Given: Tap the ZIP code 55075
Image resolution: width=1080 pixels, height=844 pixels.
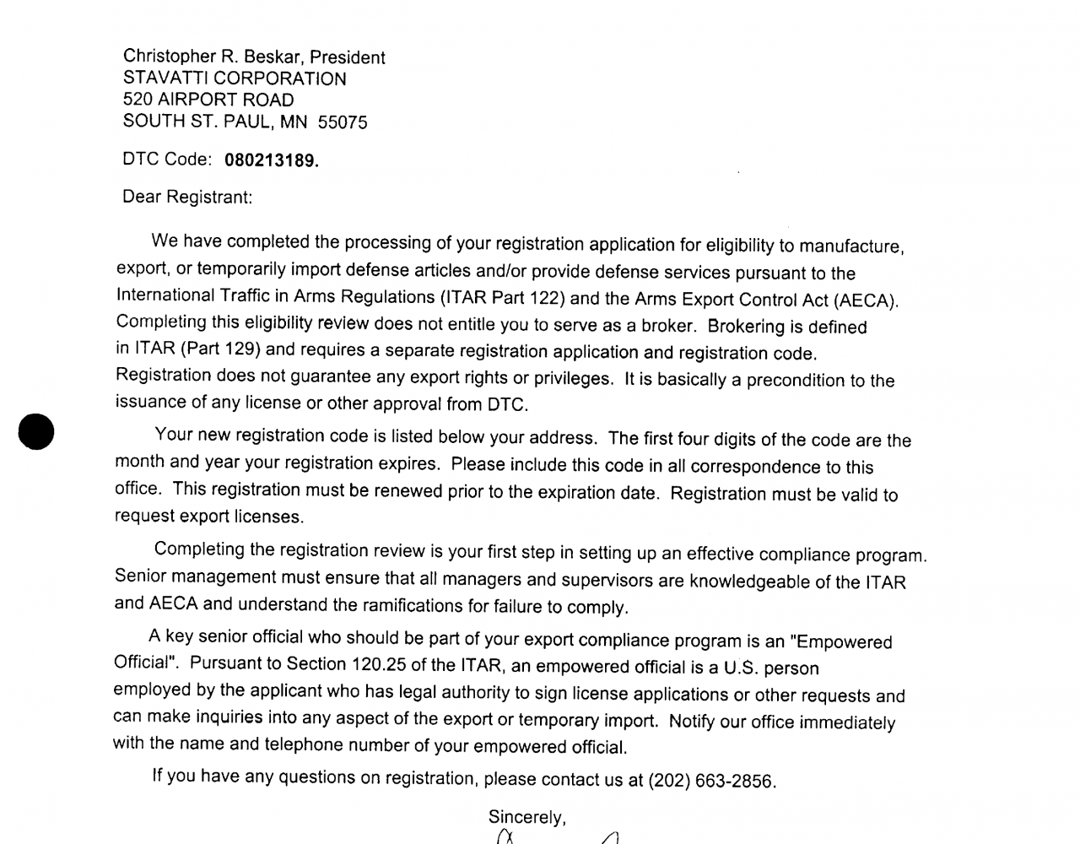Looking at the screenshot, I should point(343,122).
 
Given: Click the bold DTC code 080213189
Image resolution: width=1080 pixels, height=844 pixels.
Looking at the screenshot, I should point(271,160).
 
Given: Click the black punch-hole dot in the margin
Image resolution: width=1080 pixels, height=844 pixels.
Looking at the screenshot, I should point(36,430).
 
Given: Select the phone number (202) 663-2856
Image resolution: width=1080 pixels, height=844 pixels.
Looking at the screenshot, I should point(710,781).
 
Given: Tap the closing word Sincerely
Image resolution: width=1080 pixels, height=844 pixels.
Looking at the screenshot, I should point(526,817).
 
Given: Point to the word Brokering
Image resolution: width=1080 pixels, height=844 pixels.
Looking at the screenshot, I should point(746,327).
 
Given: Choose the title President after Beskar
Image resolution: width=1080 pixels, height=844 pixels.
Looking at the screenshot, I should point(348,57).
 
